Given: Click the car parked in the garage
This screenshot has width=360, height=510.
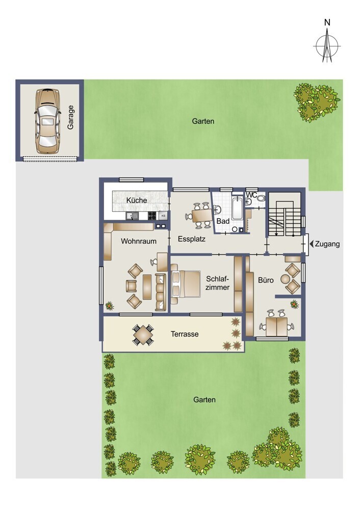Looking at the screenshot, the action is pyautogui.click(x=47, y=121).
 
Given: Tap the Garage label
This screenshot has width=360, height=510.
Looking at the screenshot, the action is pyautogui.click(x=70, y=117).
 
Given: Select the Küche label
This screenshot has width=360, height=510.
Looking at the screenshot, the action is pyautogui.click(x=137, y=200).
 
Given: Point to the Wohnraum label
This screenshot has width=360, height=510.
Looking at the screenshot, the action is pyautogui.click(x=139, y=241).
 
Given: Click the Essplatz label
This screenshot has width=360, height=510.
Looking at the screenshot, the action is pyautogui.click(x=192, y=239).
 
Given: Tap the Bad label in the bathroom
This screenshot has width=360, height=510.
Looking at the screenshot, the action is pyautogui.click(x=223, y=221).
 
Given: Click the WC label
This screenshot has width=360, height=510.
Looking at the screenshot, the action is pyautogui.click(x=251, y=195).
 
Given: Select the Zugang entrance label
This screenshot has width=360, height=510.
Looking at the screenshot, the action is pyautogui.click(x=327, y=244).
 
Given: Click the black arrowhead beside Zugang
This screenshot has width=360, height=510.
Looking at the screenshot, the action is pyautogui.click(x=311, y=244).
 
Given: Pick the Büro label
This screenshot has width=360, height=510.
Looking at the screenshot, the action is pyautogui.click(x=266, y=280).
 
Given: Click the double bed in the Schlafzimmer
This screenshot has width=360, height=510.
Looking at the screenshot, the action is pyautogui.click(x=186, y=284).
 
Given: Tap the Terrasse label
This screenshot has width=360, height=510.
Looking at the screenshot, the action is pyautogui.click(x=185, y=334).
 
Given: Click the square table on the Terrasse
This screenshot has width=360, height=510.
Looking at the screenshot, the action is pyautogui.click(x=143, y=335).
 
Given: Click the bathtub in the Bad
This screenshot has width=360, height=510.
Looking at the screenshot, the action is pyautogui.click(x=238, y=208).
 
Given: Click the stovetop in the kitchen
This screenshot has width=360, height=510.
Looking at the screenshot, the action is pyautogui.click(x=152, y=215).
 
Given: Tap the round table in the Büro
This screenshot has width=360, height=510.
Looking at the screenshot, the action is pyautogui.click(x=285, y=279).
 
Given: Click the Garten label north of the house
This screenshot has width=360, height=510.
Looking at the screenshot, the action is pyautogui.click(x=203, y=121).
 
